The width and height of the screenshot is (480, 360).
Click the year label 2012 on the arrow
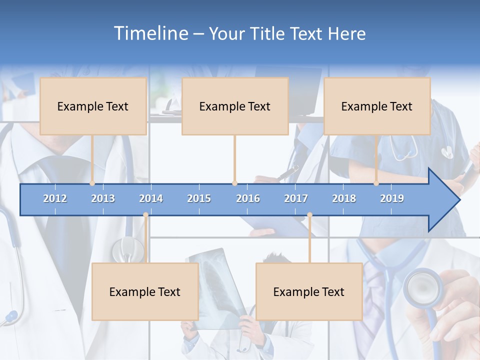click(55, 198)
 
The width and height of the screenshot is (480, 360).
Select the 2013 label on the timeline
click(103, 198)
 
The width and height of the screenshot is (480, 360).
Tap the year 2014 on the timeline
click(151, 198)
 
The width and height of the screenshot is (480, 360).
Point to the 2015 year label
click(199, 198)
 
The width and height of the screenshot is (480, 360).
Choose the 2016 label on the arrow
click(248, 198)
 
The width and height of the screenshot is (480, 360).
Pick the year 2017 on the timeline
click(296, 198)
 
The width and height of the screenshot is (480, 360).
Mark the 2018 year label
click(344, 198)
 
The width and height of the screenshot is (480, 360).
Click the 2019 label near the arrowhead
click(392, 198)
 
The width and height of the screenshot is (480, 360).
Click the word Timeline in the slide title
click(150, 33)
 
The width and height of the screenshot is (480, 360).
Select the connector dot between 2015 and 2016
click(234, 183)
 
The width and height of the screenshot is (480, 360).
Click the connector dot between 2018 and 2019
click(376, 183)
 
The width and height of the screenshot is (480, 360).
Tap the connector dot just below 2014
click(145, 215)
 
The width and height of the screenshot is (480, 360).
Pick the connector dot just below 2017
click(309, 215)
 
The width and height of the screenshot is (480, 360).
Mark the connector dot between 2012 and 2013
click(92, 183)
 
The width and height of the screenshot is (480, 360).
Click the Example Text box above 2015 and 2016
click(235, 106)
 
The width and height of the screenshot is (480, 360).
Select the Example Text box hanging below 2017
click(309, 291)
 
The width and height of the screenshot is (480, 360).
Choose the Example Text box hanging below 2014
click(145, 291)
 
